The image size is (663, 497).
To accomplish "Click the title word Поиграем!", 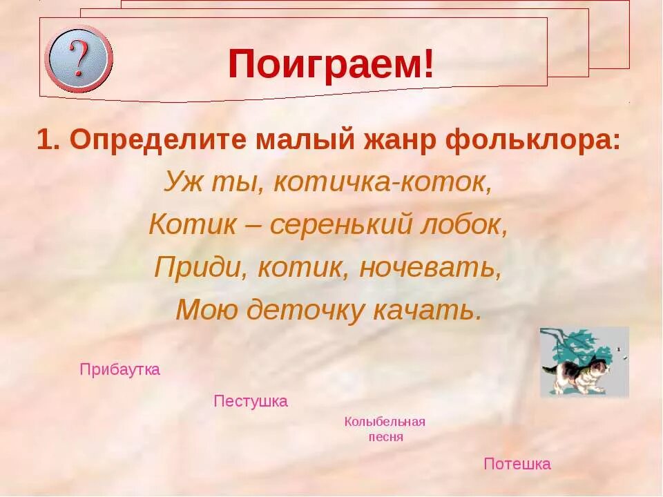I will point(332,65).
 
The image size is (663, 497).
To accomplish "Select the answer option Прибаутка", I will point(120,369).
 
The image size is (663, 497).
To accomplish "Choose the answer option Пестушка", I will point(251,401).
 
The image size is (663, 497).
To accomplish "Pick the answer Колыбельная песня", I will point(385,429).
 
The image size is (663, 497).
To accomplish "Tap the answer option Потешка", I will point(517,464).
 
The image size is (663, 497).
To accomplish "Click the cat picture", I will point(584,362).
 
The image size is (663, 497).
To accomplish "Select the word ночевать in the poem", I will point(430,267).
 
